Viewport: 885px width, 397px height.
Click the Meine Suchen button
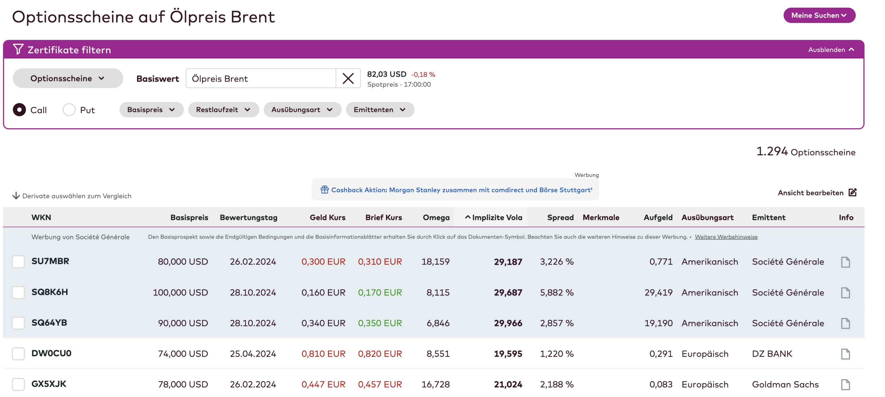(x=819, y=15)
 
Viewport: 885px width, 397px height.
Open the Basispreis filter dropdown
(x=151, y=110)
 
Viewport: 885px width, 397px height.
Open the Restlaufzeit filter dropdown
(x=223, y=110)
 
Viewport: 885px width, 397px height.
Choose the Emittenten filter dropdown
(x=380, y=110)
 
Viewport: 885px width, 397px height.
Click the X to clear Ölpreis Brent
(x=348, y=79)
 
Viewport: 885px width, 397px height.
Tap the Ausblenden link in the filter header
(x=831, y=50)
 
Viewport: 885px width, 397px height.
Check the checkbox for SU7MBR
(x=18, y=261)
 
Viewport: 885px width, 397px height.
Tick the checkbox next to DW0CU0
(x=18, y=353)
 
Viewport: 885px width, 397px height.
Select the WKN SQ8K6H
(x=50, y=292)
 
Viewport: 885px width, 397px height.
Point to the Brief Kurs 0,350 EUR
(x=380, y=323)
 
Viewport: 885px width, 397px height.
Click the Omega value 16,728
(x=435, y=384)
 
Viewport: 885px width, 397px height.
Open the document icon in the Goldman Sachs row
(x=845, y=385)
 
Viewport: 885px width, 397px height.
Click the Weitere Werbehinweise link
(x=726, y=237)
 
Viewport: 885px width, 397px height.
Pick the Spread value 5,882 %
(x=557, y=293)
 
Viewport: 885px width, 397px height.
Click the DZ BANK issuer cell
(x=772, y=354)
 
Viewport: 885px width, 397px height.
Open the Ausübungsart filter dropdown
(x=302, y=110)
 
